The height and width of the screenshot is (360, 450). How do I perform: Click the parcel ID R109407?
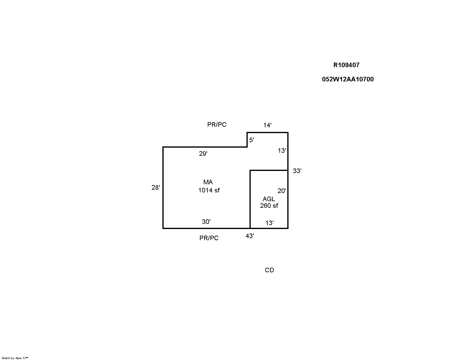coord(346,65)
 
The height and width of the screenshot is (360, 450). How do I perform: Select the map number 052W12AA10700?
coord(348,79)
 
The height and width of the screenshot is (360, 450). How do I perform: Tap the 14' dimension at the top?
coord(267,125)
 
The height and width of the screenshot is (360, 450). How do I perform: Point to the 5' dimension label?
coord(252,140)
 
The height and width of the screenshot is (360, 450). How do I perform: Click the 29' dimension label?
coord(203,154)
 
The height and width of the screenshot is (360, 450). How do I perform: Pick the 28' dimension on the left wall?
coord(155,188)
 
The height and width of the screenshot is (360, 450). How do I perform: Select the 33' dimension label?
coord(297,171)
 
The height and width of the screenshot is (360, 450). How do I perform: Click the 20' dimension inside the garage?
coord(282,191)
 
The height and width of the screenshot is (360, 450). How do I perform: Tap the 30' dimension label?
coord(206,221)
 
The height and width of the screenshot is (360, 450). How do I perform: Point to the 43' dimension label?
coord(250,236)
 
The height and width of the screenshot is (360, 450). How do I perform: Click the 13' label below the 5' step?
coord(282,151)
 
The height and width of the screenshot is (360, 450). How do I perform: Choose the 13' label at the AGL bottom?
coord(269,223)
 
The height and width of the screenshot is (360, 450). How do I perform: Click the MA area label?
coord(208,182)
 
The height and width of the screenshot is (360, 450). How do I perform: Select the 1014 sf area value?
coord(209,190)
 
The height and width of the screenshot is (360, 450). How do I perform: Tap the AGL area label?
coord(269,199)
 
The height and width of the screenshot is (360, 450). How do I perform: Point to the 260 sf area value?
coord(269,206)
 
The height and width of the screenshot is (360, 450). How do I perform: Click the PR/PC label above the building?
coord(217,124)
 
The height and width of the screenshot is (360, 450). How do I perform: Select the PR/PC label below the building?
coord(209,238)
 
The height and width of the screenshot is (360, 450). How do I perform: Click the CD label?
coord(269,270)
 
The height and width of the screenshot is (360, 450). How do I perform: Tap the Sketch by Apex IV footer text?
coord(15,358)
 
